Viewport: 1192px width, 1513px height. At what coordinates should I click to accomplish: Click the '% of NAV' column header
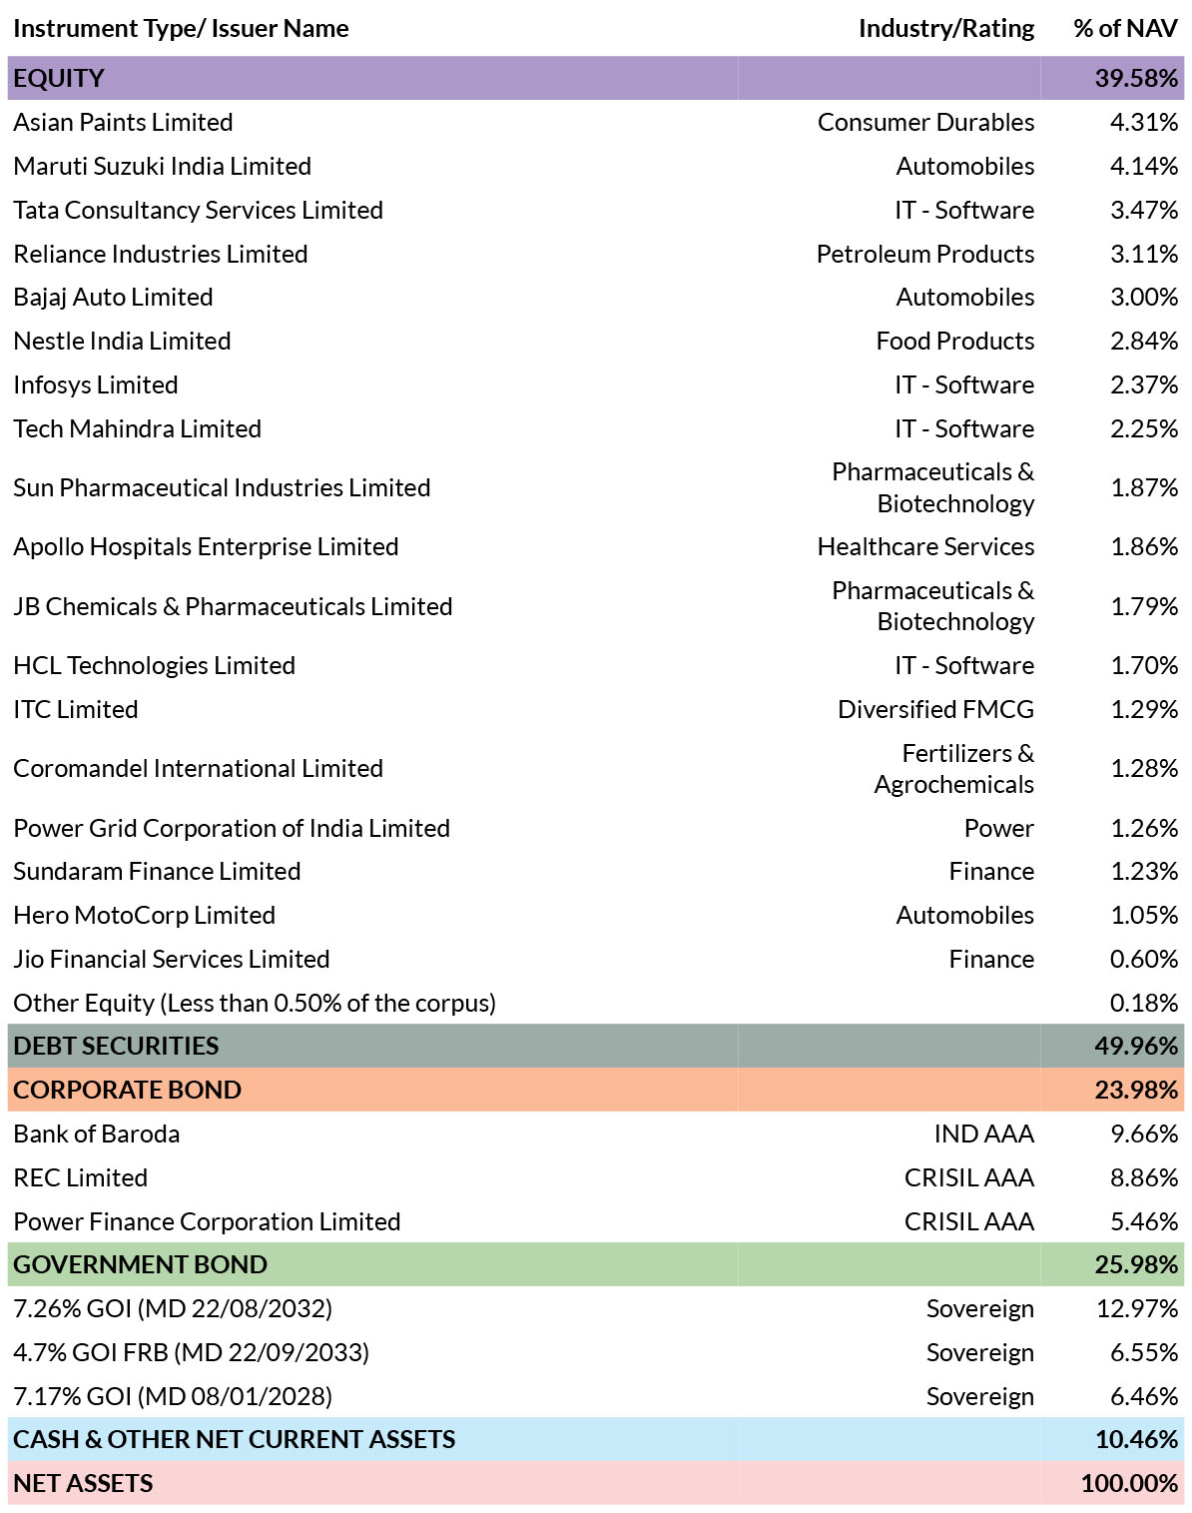[1125, 28]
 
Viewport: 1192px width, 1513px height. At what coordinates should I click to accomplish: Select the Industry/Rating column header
[946, 29]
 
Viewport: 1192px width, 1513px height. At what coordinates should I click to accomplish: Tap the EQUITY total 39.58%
[1136, 78]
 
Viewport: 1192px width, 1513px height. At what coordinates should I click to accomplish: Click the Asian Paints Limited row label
[123, 122]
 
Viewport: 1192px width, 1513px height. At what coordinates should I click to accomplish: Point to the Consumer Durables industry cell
[925, 122]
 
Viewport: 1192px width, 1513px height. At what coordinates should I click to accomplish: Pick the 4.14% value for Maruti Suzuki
[1143, 167]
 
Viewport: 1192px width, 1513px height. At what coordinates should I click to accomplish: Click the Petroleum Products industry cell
[924, 254]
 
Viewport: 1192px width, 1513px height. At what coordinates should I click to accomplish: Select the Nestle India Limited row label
[122, 341]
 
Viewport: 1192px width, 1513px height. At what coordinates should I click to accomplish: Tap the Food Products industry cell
[955, 341]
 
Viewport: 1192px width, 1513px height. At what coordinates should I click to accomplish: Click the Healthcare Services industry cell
[925, 547]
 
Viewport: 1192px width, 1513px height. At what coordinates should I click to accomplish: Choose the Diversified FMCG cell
[935, 709]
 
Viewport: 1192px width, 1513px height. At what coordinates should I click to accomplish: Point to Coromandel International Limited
[199, 768]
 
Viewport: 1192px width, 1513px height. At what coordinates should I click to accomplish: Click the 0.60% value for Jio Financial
[1143, 959]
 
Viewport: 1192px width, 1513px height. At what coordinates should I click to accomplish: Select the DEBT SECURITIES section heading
[116, 1046]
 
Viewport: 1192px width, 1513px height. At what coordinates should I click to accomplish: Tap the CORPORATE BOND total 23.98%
[1136, 1090]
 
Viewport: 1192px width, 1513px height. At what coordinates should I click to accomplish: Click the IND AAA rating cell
[984, 1134]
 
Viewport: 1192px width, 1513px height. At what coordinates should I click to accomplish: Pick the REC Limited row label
[81, 1177]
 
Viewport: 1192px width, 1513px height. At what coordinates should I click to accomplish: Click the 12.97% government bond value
[1137, 1308]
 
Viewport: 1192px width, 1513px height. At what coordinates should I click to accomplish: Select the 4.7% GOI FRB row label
[191, 1352]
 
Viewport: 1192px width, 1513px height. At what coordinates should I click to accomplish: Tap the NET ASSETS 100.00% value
[1129, 1483]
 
